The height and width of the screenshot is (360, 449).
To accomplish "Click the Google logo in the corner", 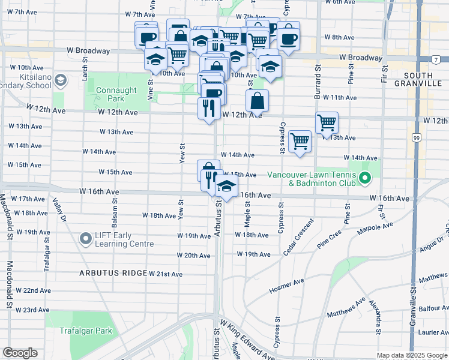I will (x=20, y=353).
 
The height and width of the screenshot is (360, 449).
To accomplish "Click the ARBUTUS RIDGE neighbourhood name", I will (x=113, y=273).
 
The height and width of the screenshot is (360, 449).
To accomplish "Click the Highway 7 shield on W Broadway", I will (x=435, y=59).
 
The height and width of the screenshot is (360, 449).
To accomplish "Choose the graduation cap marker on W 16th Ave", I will (x=226, y=187).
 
